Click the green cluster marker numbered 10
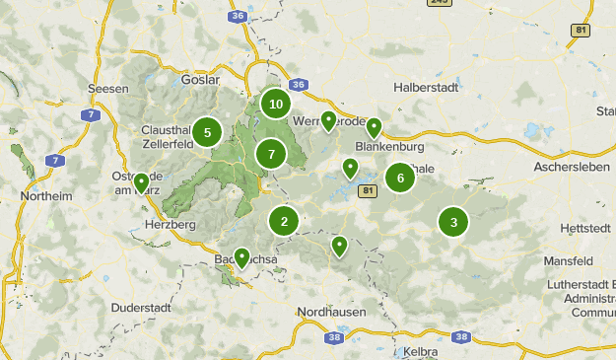point(276,104)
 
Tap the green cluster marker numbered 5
point(207,131)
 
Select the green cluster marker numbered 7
point(270,154)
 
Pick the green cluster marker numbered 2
point(284,221)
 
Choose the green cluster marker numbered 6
point(400,178)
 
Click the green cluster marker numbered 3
point(453,222)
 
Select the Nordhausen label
point(331,312)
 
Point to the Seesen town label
point(108,88)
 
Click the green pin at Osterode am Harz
point(142,182)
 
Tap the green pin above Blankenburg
point(374,127)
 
